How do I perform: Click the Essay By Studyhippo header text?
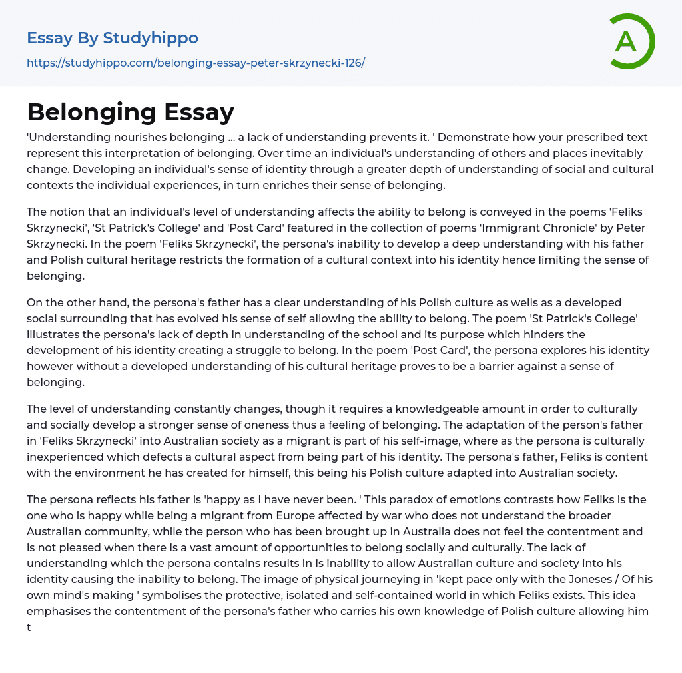point(113,38)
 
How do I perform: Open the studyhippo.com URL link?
point(196,63)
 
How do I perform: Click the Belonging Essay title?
point(131,112)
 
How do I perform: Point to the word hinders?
point(528,334)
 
